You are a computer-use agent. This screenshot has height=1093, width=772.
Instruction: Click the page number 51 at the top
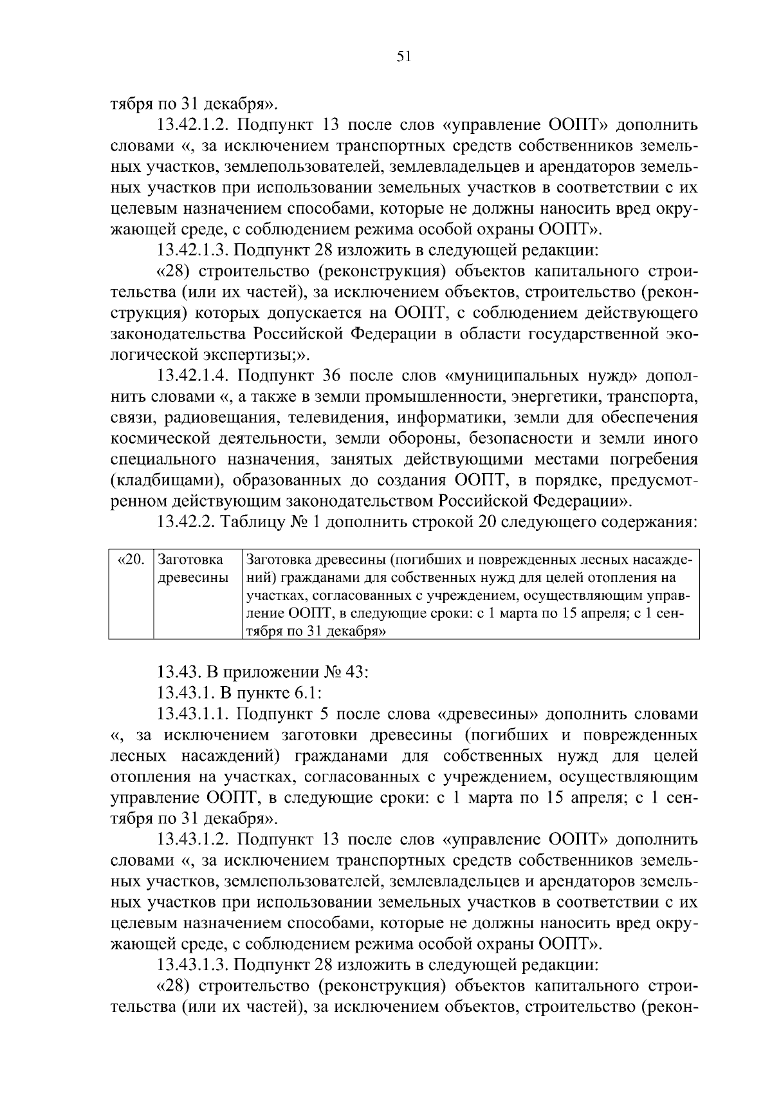pyautogui.click(x=404, y=57)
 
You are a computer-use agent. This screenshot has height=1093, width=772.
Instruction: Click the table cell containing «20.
pyautogui.click(x=132, y=559)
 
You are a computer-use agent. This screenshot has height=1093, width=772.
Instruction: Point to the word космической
pyautogui.click(x=154, y=438)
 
